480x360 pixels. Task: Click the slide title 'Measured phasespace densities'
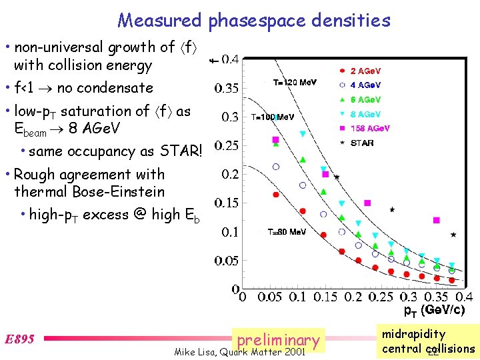coord(254,21)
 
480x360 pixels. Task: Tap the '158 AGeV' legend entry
coord(367,129)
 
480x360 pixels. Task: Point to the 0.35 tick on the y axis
coord(227,88)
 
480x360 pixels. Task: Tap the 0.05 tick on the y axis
coord(227,261)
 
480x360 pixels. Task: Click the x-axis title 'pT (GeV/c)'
coord(434,310)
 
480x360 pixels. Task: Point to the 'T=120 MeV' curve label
coord(295,83)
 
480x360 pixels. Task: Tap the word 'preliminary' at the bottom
coord(278,340)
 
